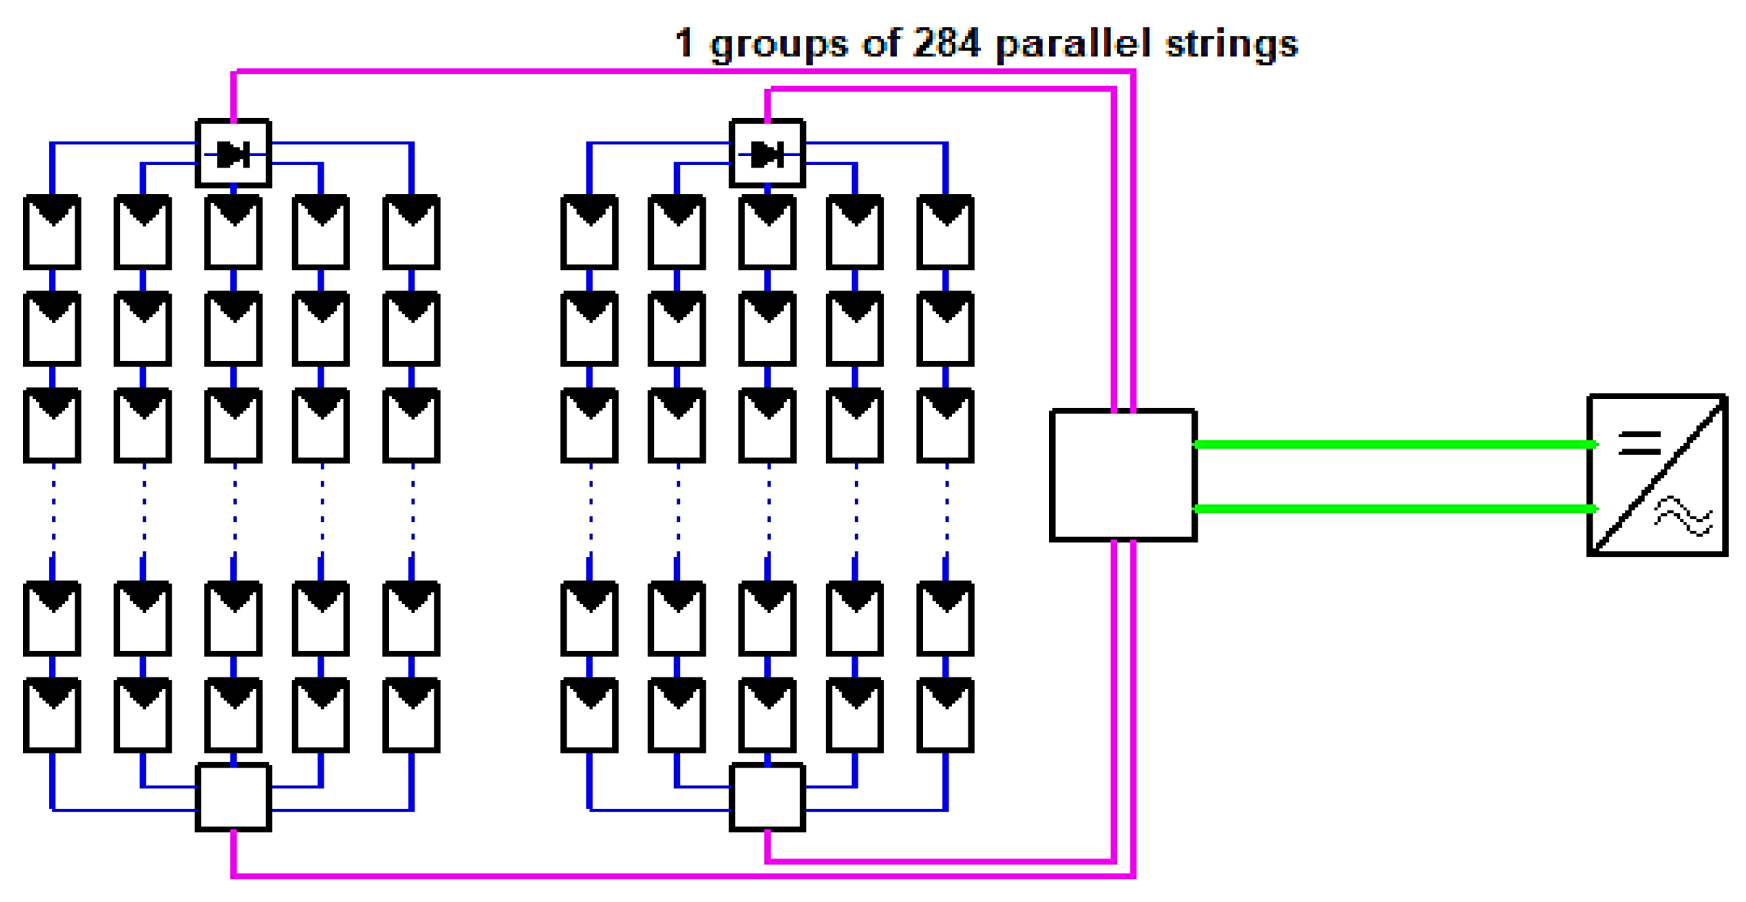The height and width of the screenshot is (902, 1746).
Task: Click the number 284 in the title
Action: [x=946, y=43]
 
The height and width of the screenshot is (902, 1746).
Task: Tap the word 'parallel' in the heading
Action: [x=1073, y=45]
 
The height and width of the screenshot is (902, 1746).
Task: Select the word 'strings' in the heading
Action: [x=1231, y=45]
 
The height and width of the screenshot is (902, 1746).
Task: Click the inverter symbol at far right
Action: [x=1656, y=475]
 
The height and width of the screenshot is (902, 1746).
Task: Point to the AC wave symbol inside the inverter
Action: [x=1684, y=516]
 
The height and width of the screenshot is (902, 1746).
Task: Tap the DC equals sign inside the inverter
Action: [x=1639, y=443]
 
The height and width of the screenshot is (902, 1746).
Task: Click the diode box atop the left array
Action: [x=233, y=153]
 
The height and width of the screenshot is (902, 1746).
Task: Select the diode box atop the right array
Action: [x=767, y=153]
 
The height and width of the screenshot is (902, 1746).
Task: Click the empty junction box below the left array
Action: [x=233, y=797]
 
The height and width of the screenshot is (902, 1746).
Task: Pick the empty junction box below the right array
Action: [x=767, y=797]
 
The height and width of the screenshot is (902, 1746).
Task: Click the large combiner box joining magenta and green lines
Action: [x=1122, y=475]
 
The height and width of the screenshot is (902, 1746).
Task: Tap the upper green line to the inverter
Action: [x=1391, y=445]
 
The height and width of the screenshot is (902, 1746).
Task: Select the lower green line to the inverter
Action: [x=1391, y=508]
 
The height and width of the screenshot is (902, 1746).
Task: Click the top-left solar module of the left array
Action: [x=52, y=232]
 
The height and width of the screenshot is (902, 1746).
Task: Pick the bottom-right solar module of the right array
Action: [x=945, y=715]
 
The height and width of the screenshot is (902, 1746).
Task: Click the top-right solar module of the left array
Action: [x=411, y=232]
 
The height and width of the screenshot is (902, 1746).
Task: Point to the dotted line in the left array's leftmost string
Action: [x=53, y=509]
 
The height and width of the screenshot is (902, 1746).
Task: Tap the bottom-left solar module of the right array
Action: [x=589, y=715]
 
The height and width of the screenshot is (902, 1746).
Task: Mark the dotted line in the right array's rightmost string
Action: [x=946, y=509]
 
